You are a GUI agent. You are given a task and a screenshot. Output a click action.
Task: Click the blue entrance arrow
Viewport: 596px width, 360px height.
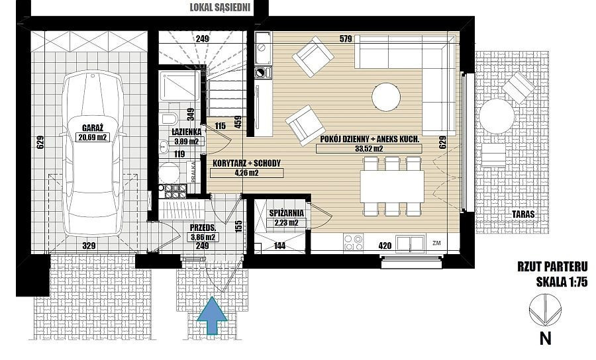[212, 316]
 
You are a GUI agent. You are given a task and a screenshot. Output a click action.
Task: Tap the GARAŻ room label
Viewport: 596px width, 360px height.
[92, 128]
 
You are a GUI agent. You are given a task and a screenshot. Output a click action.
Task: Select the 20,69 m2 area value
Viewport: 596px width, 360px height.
[92, 138]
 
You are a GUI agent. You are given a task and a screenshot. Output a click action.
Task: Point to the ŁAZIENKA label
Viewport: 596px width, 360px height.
[186, 132]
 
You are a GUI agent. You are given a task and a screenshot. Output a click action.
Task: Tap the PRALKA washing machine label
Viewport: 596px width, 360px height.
[193, 171]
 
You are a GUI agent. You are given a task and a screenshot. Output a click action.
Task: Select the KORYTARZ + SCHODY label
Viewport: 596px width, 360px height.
[246, 163]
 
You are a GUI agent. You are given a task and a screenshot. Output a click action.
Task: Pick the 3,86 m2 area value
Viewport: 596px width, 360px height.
[203, 238]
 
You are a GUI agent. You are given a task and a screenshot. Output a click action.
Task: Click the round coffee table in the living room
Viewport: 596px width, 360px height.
[386, 97]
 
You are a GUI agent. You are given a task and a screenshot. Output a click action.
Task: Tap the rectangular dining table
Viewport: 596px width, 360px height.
[392, 187]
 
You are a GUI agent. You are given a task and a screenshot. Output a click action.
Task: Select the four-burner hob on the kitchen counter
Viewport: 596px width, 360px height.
[353, 243]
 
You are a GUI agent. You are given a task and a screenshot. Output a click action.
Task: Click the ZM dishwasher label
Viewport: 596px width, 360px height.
[436, 244]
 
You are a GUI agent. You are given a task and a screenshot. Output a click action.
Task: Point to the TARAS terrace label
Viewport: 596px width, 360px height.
[523, 214]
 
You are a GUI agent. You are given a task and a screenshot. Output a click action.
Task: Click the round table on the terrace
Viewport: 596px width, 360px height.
[497, 116]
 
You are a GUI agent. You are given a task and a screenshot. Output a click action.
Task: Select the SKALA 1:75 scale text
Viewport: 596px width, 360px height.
[562, 282]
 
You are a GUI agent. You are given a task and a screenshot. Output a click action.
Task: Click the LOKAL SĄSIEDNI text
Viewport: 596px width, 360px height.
[220, 8]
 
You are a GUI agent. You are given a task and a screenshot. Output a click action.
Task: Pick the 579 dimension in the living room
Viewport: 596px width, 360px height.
[346, 38]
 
